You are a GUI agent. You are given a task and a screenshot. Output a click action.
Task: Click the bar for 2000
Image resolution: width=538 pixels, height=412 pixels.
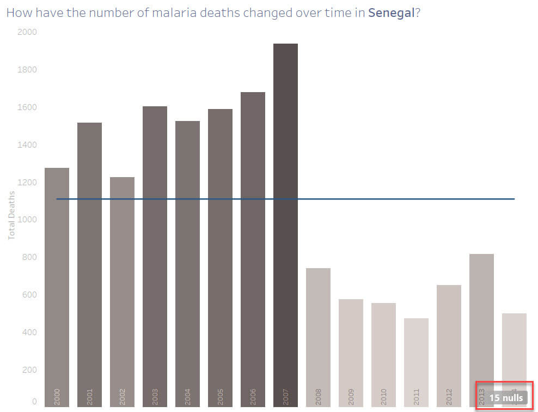[x=57, y=283]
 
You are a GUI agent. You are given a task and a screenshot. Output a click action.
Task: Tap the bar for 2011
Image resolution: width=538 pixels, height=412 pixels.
[x=416, y=360]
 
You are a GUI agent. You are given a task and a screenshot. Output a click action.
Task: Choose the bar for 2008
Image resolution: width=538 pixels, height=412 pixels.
[x=318, y=332]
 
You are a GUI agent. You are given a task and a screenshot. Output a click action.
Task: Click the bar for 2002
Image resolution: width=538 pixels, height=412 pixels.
[x=122, y=289]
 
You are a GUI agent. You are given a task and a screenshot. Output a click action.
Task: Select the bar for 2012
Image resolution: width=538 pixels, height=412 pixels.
[x=449, y=343]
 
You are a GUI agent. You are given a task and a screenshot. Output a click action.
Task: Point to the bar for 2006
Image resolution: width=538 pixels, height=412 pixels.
[x=253, y=245]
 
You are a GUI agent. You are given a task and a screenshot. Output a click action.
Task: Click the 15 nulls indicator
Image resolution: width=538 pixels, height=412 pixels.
[x=506, y=398]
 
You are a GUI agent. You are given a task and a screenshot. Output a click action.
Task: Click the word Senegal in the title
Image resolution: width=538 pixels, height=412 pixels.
[x=391, y=13]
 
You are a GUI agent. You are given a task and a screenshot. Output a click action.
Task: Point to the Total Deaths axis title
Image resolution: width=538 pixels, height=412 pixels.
[x=11, y=215]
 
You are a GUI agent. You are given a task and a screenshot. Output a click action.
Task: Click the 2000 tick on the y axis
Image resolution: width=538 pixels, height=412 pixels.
[x=27, y=32]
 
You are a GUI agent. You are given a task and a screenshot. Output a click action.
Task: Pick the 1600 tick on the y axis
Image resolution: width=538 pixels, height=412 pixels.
[x=27, y=107]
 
